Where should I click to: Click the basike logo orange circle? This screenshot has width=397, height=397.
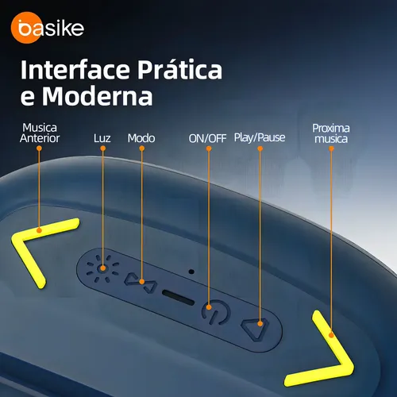(26, 28)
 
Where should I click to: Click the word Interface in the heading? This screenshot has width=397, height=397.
(76, 70)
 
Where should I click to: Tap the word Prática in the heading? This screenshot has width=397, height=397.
(179, 70)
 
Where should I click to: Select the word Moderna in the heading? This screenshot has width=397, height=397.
(98, 96)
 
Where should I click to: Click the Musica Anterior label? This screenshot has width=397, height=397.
(40, 133)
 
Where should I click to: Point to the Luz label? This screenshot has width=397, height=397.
(102, 138)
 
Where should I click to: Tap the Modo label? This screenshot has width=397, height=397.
(141, 138)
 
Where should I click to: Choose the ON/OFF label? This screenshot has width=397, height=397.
(207, 138)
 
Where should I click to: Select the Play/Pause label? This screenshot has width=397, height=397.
(260, 137)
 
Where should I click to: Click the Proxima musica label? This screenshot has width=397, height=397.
(331, 133)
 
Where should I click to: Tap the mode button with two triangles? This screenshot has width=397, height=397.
(141, 283)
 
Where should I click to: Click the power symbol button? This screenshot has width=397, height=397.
(216, 312)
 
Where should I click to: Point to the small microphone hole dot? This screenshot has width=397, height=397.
(191, 272)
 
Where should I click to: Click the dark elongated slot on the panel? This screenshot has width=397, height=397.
(179, 297)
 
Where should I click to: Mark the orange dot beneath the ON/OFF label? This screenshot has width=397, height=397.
(209, 148)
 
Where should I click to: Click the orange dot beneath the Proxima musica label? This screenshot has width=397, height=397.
(331, 148)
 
